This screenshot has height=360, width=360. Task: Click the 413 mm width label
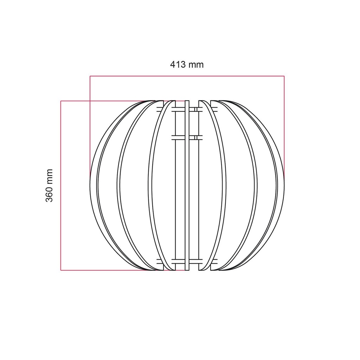coord(187,65)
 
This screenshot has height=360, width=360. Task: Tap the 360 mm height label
coord(49,186)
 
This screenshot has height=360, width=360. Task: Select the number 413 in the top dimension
coord(178,65)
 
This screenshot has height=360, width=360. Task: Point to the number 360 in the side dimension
coord(49,194)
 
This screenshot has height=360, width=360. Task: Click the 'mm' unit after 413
coord(196,65)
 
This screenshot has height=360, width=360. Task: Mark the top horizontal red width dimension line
coord(187,76)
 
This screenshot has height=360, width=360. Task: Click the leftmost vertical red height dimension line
coord(60,186)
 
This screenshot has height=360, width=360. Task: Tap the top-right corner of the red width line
coord(284,76)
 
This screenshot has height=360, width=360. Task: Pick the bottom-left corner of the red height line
coord(60,270)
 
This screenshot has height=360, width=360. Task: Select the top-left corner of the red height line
coord(60,101)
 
